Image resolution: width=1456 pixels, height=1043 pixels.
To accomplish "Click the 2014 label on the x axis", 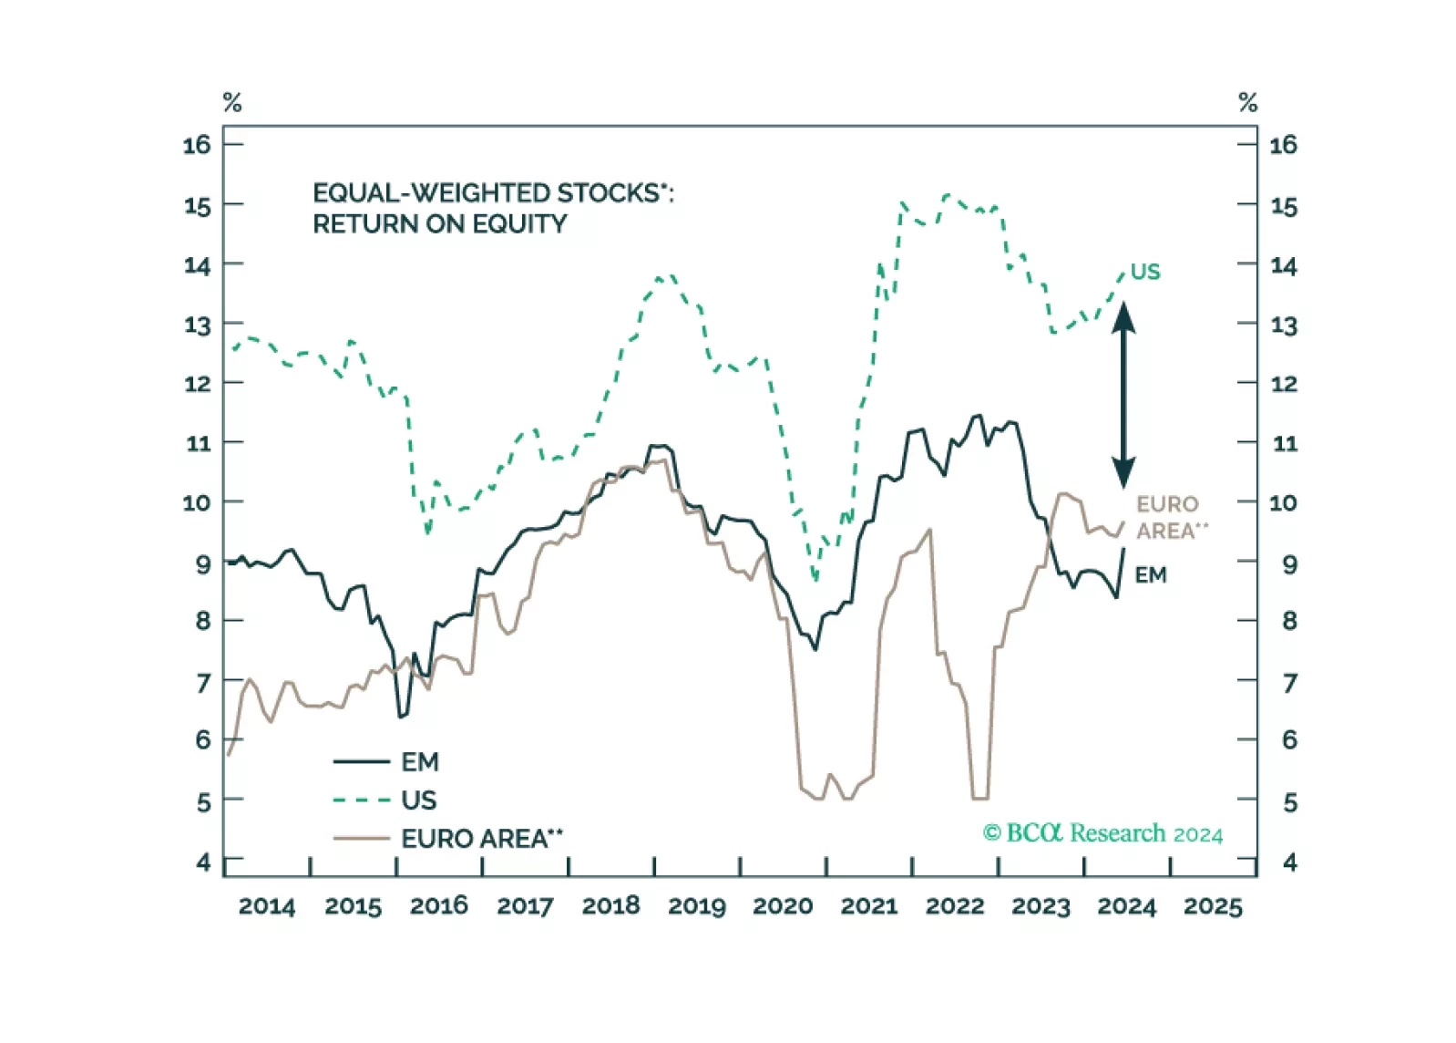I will [x=266, y=906].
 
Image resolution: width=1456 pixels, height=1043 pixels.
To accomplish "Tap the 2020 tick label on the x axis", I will [x=783, y=906].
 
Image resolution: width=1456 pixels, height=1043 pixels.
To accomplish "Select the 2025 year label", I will [x=1213, y=906].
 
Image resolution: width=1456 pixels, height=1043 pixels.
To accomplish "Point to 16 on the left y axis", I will [x=197, y=144].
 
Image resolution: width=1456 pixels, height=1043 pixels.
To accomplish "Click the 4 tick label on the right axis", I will [x=1289, y=862].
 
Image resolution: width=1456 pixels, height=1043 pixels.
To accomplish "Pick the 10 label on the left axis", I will [x=197, y=502].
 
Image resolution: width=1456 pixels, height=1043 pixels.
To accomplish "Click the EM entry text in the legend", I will [x=419, y=761].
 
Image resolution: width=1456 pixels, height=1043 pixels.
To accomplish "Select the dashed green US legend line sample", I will [x=362, y=800].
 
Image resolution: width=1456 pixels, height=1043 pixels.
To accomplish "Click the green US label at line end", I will [x=1145, y=272].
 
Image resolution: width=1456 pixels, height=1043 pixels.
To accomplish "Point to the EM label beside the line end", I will [x=1151, y=574].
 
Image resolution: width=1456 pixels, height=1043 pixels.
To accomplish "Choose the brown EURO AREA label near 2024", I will [x=1170, y=517].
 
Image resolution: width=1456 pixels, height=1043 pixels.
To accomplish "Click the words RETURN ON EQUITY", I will [x=439, y=224].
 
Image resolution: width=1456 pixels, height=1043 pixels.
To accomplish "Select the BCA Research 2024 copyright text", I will [x=1102, y=833].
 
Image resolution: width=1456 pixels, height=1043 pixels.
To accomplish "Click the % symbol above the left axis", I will [x=232, y=103].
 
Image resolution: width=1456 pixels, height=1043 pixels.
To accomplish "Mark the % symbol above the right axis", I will [x=1247, y=103].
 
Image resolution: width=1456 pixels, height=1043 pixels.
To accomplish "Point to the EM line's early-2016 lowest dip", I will [x=401, y=717].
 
